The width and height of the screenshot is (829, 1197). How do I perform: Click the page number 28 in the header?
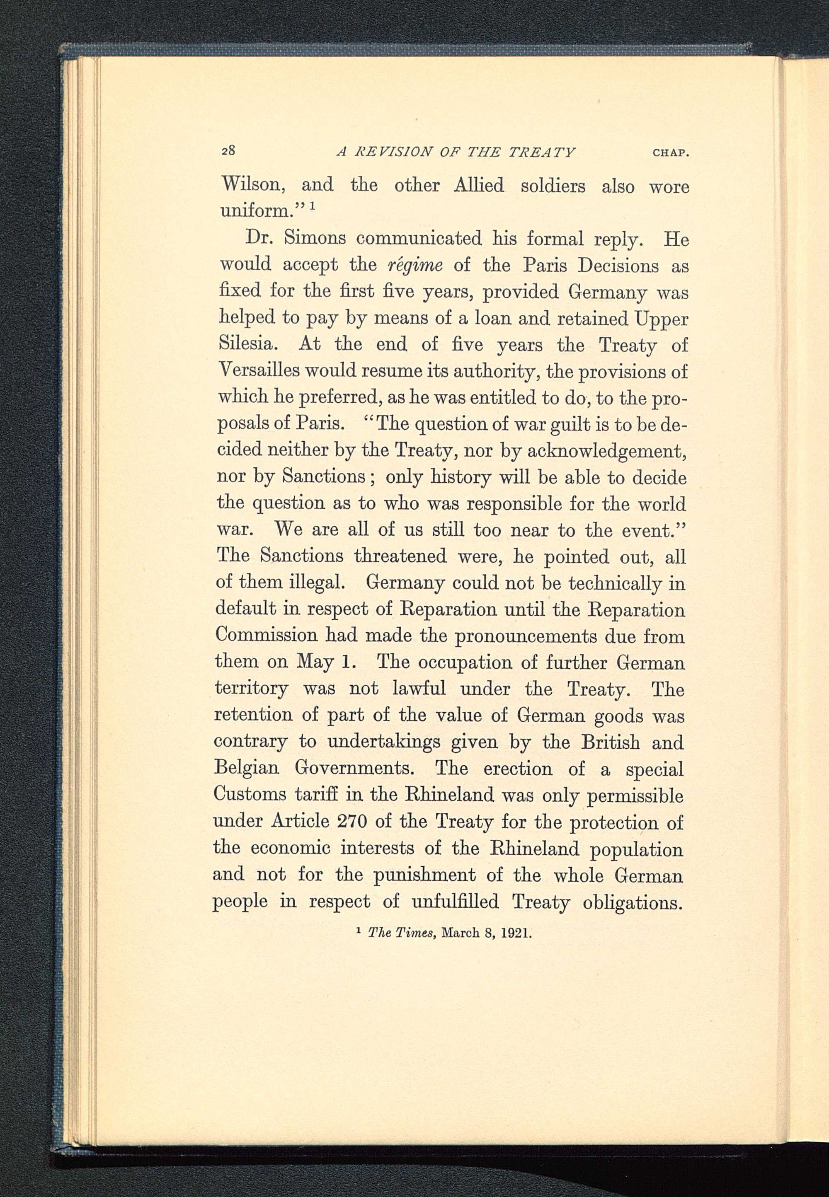228,150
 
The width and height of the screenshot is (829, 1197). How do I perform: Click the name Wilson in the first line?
252,185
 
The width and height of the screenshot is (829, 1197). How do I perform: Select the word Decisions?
618,266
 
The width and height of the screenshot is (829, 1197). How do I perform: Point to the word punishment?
424,875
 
